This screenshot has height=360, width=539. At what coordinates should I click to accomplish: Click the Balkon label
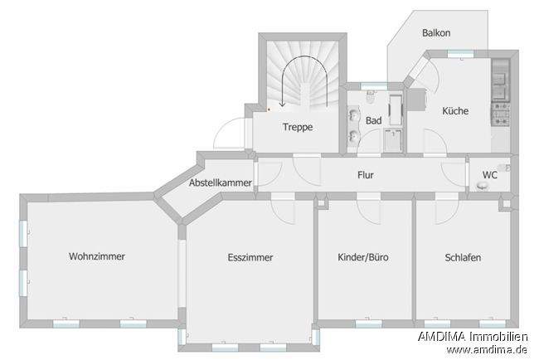[436, 33]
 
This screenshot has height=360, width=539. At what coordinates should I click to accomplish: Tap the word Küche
[455, 111]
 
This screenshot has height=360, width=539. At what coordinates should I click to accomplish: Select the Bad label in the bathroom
[374, 121]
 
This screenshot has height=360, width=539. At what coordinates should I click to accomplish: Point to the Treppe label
[297, 128]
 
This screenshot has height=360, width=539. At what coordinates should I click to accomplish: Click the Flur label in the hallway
[366, 176]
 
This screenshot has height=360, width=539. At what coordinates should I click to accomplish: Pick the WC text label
[489, 175]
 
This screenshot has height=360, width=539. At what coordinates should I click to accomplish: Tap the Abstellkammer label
[221, 182]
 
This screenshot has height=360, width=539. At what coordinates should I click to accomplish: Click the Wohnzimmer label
[97, 256]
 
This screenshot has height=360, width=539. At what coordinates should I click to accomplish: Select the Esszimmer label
[250, 257]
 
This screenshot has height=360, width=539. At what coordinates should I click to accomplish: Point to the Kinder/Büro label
[363, 257]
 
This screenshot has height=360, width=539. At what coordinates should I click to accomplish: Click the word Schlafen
[463, 257]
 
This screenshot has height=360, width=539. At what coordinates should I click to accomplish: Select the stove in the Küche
[502, 113]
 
